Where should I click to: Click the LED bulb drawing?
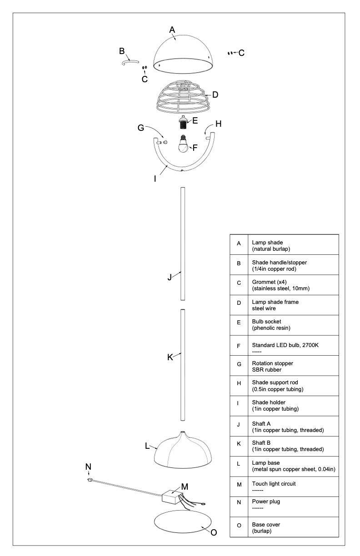tap(183, 145)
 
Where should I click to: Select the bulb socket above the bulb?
tap(183, 122)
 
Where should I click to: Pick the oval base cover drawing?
tap(184, 525)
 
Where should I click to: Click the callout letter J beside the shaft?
tap(170, 277)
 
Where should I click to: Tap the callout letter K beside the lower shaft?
tap(170, 357)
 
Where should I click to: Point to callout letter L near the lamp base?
tap(147, 446)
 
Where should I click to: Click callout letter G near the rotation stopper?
tap(141, 128)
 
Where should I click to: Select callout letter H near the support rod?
tap(218, 123)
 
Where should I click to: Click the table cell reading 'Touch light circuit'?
tap(274, 484)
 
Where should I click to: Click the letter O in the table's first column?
tap(239, 527)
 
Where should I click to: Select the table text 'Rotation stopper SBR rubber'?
tap(272, 366)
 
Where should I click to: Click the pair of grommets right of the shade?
tap(230, 53)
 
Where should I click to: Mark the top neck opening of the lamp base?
tap(182, 432)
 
